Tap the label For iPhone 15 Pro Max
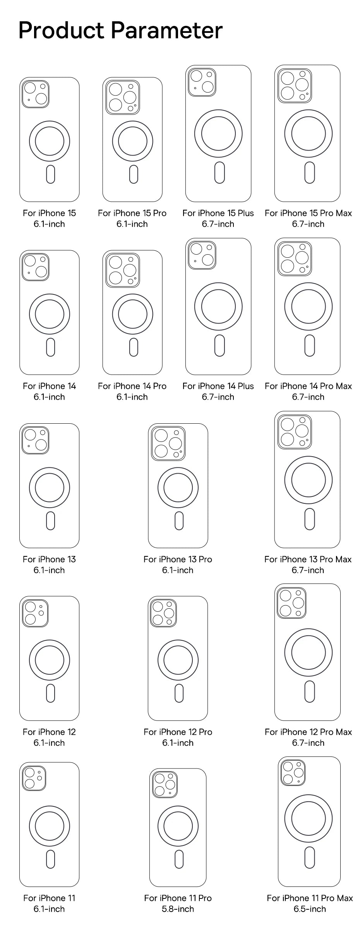point(308,213)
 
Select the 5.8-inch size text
point(178,909)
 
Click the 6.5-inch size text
point(309,909)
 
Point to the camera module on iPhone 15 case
point(35,94)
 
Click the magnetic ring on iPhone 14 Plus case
point(218,306)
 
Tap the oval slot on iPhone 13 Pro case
point(179,521)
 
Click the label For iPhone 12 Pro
point(178,732)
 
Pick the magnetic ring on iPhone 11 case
point(50,826)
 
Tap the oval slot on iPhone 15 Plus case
point(219,173)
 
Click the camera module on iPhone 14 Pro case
point(123,270)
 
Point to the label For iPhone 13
point(49,559)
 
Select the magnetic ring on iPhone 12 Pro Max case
point(309,653)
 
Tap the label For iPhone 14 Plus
point(218,386)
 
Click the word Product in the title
point(61,31)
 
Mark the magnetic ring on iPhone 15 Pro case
point(132,141)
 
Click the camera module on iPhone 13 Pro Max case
point(295,432)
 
